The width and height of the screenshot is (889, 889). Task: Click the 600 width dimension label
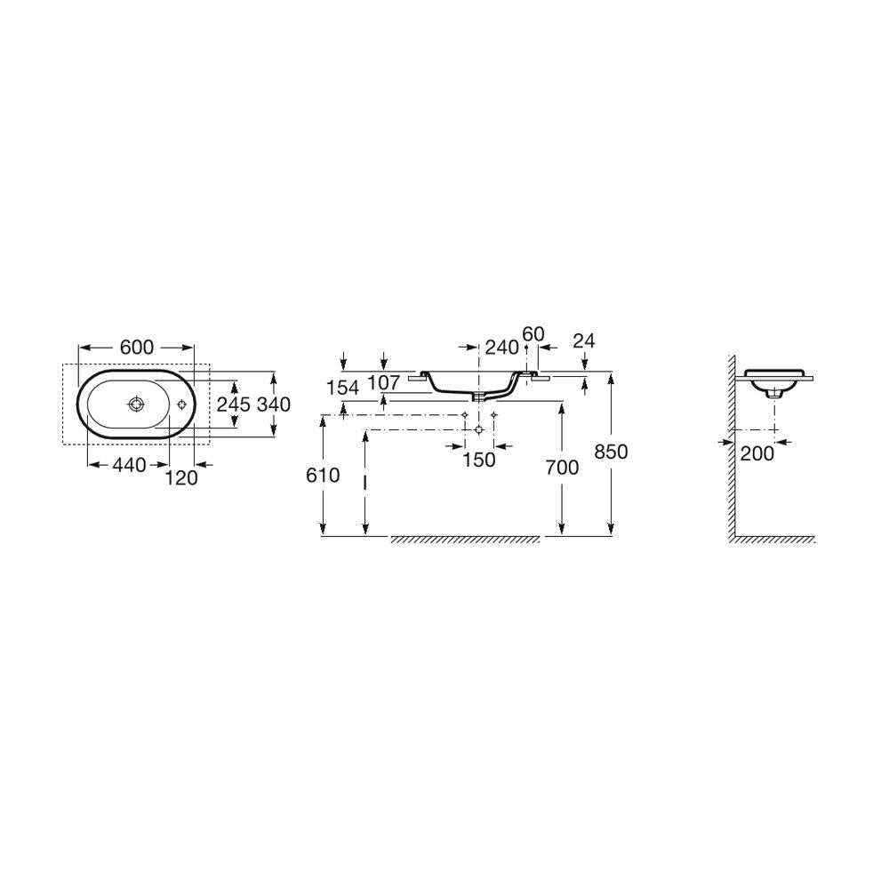pos(137,347)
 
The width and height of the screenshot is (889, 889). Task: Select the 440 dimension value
pos(129,466)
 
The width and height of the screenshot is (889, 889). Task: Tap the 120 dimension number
pos(181,478)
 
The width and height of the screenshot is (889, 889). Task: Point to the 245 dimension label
pos(234,404)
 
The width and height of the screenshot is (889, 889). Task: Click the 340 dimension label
pos(274,404)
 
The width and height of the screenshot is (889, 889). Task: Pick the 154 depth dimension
pos(342,388)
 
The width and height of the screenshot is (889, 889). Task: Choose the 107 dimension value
pos(384,382)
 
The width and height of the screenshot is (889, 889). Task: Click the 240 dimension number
pos(502,347)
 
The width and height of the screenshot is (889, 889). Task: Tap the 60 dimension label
pos(533,334)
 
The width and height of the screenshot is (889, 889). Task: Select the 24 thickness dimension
pos(584,340)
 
